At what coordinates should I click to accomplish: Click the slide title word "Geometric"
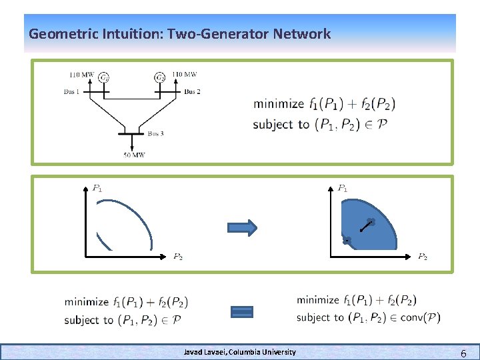59,33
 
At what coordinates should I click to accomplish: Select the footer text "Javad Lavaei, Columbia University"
240,351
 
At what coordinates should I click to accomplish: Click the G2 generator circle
160,78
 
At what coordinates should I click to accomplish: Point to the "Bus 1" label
72,91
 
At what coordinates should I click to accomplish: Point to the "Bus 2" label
192,91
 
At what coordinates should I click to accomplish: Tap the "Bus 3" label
155,133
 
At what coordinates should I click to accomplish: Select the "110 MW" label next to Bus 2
185,74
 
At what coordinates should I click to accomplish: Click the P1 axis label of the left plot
97,189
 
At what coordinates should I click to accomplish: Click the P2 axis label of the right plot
423,256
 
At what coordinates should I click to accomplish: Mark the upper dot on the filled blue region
371,222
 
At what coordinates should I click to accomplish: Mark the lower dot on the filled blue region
347,240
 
